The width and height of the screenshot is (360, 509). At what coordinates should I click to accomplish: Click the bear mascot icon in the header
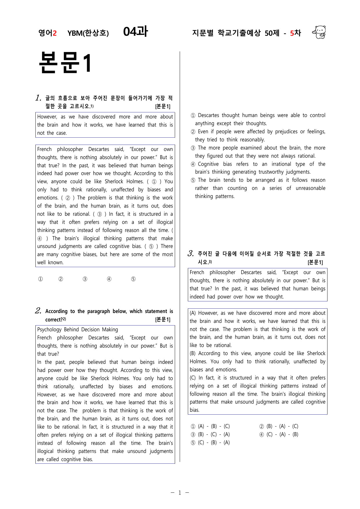pos(319,32)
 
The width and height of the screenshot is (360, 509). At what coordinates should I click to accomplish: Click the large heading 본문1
pos(65,63)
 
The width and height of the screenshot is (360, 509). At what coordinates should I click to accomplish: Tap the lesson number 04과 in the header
pos(136,32)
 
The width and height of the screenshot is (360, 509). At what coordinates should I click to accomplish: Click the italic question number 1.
pos(38,98)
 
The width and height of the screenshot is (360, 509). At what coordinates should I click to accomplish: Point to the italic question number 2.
pos(38,311)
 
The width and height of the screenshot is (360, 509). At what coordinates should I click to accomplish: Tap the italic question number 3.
pos(190,253)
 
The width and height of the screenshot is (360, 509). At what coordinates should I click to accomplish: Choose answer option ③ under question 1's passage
pos(85,279)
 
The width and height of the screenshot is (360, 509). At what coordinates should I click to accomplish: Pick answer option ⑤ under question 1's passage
pos(133,279)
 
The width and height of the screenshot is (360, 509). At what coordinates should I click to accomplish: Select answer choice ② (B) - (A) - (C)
pos(279,426)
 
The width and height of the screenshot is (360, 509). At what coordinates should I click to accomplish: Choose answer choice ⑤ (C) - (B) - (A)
pos(210,443)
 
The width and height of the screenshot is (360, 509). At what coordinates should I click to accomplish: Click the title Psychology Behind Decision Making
pos(78,330)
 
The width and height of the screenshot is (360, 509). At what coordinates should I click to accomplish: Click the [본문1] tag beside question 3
pos(315,262)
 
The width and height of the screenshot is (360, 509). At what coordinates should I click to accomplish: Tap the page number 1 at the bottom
pos(180,492)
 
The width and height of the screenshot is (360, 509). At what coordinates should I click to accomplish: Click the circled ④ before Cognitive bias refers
pos(193,164)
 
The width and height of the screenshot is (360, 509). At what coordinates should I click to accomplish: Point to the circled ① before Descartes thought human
pos(193,116)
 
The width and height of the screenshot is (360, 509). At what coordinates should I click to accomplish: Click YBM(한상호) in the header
pos(88,33)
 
